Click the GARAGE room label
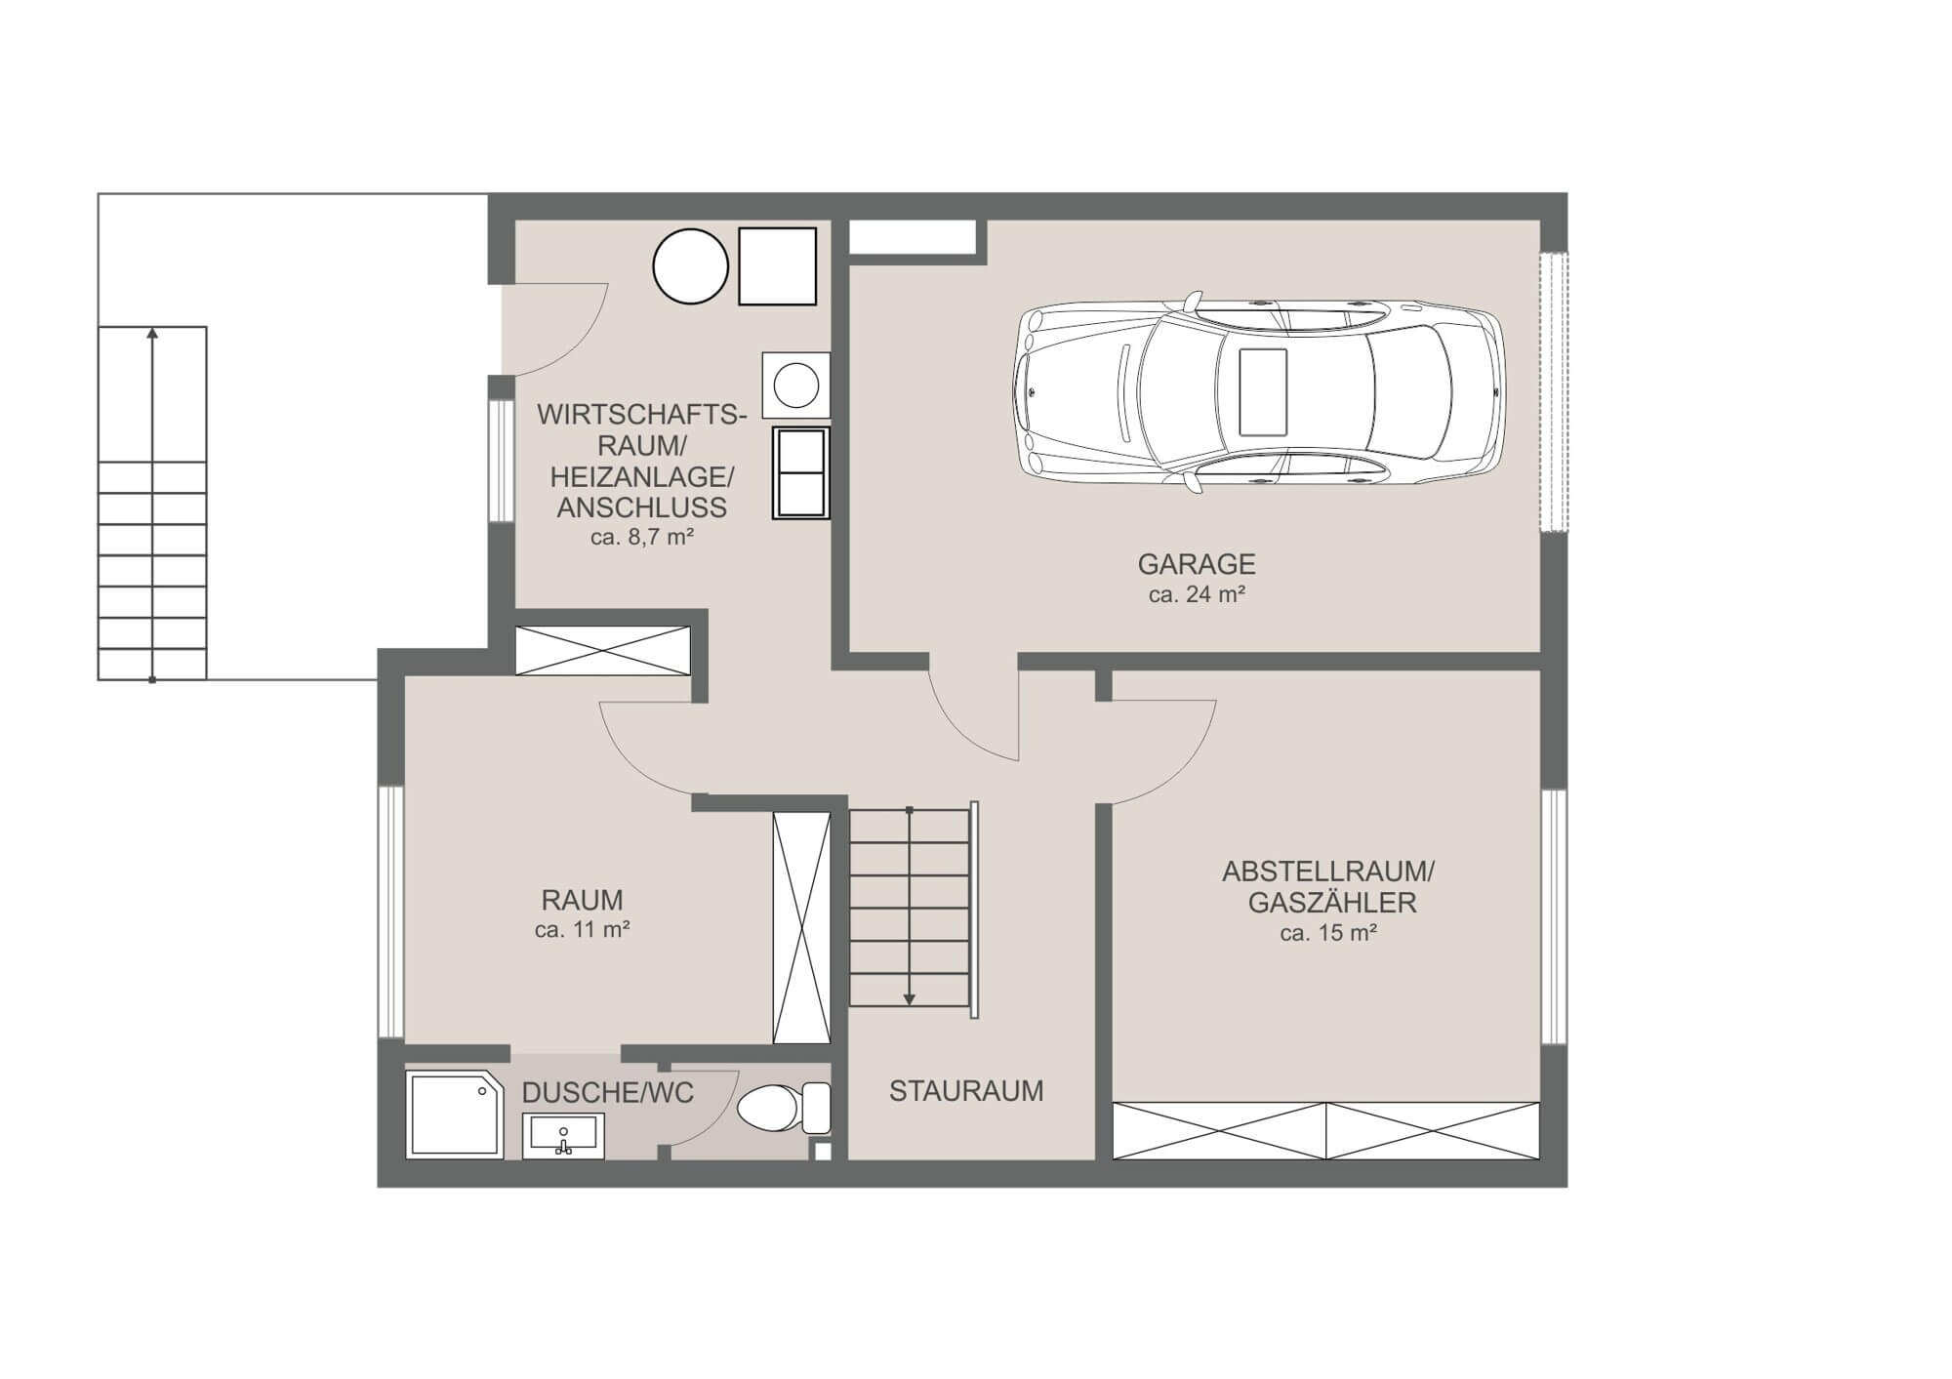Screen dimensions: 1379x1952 pos(1196,564)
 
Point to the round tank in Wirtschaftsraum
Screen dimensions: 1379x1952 pos(690,266)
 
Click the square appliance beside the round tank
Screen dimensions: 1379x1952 pos(777,265)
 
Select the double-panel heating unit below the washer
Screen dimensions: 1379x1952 pos(800,472)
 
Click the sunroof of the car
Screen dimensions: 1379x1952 pos(1262,391)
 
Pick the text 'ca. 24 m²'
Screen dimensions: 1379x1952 pos(1196,594)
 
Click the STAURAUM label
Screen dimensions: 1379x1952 pos(966,1091)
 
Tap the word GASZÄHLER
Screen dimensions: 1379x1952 pos(1331,903)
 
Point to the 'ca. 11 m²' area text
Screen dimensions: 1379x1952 pos(582,930)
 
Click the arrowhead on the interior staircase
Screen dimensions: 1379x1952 pos(909,998)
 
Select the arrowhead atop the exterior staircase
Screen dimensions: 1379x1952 pos(152,334)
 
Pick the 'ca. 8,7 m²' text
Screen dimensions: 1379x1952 pos(641,537)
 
